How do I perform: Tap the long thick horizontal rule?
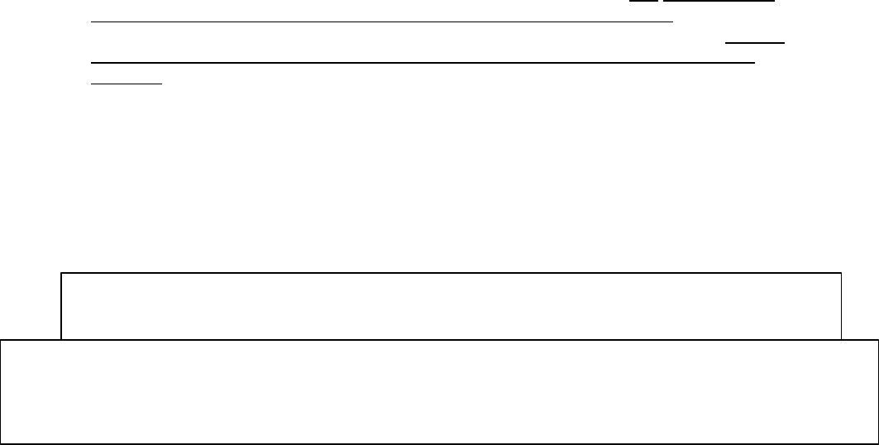click(x=423, y=62)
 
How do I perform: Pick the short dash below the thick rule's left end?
click(x=126, y=83)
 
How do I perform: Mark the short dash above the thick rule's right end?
click(x=752, y=41)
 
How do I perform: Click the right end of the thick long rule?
click(x=755, y=62)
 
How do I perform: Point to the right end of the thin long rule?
click(x=673, y=22)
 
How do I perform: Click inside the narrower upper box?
click(x=451, y=305)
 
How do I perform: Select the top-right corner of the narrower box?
click(x=841, y=273)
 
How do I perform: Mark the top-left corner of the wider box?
click(x=2, y=339)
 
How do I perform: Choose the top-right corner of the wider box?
click(x=877, y=339)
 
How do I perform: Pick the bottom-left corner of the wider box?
click(x=2, y=443)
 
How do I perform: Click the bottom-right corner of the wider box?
click(x=877, y=443)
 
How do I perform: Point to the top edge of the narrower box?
click(x=451, y=273)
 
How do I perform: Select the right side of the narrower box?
click(x=841, y=306)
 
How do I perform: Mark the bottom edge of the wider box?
click(x=439, y=443)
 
